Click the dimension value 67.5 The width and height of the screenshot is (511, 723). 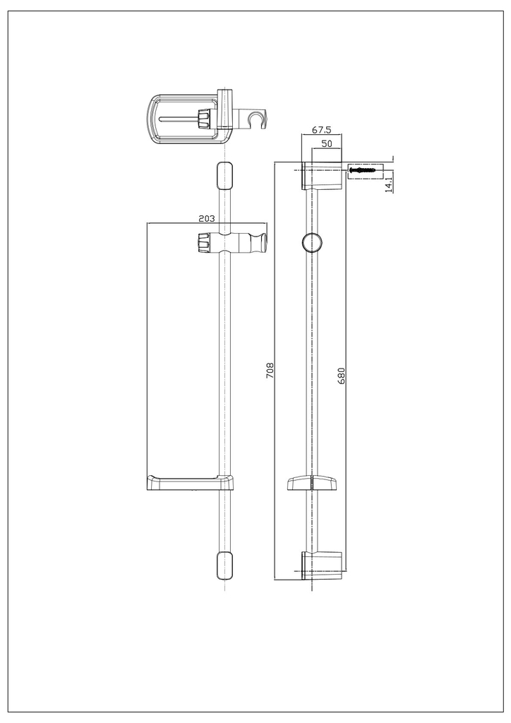point(322,131)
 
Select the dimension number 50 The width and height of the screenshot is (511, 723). point(327,143)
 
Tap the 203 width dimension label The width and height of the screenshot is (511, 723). point(206,218)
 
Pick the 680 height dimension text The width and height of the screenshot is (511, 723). point(342,375)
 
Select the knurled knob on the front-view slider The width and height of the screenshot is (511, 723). point(203,242)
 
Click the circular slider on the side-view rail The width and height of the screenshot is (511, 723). point(311,242)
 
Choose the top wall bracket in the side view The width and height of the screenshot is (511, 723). point(322,176)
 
